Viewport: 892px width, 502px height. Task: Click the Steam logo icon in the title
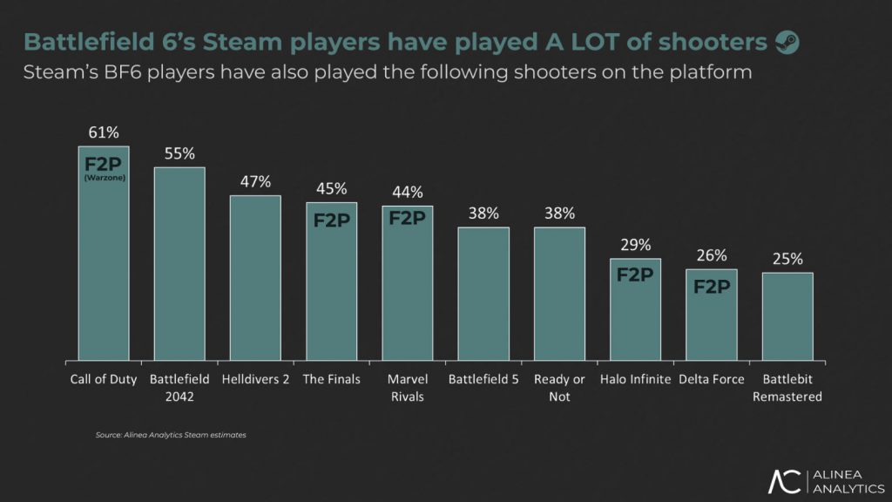tap(787, 42)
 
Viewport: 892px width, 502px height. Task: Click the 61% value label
tap(104, 132)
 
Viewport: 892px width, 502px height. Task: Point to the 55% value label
tap(179, 153)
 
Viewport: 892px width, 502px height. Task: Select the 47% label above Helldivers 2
tap(255, 181)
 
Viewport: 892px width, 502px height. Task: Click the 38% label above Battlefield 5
tap(483, 213)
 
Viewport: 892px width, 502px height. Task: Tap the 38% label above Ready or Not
tap(559, 213)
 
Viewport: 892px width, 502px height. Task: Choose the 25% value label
tap(787, 259)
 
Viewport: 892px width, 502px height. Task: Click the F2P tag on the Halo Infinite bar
tap(636, 275)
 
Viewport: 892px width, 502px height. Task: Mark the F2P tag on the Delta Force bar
tap(712, 285)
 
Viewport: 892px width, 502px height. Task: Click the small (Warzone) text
tap(103, 179)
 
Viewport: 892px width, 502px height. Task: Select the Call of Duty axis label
tap(104, 380)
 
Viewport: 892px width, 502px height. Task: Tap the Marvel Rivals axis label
tap(407, 388)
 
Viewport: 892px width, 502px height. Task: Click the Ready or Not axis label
tap(559, 388)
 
